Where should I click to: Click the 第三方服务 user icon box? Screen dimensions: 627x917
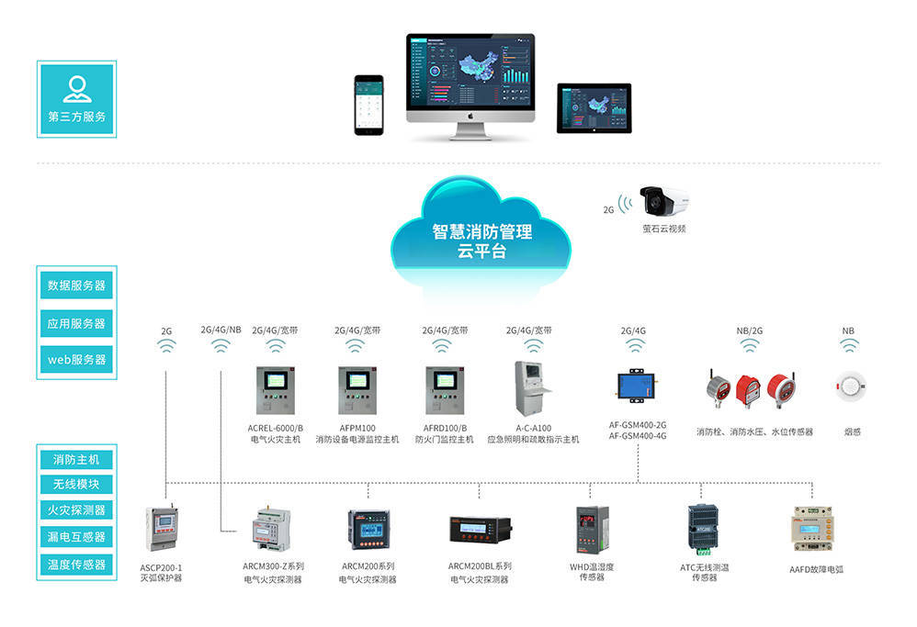point(76,98)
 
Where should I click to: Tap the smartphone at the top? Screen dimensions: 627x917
point(368,104)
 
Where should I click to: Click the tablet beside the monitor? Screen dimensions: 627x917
point(594,108)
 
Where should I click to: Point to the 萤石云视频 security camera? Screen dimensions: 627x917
point(663,200)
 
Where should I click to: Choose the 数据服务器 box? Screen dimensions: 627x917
point(76,286)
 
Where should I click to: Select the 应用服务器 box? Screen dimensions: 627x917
point(76,323)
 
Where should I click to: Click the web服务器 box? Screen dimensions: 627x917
point(76,360)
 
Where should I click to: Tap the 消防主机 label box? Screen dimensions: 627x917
point(76,459)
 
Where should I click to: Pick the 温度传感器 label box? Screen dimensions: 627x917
point(76,565)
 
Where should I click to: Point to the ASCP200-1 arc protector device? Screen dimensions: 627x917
point(161,530)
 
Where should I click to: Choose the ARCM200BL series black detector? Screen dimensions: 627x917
point(480,529)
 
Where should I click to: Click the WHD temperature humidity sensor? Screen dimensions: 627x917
point(591,530)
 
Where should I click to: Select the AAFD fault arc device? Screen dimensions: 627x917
point(815,529)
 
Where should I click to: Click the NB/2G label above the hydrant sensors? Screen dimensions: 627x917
point(750,330)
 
